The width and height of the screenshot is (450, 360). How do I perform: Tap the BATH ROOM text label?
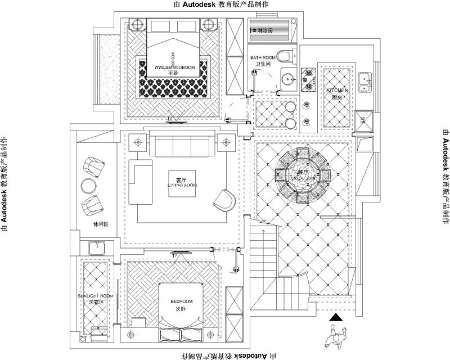tap(262, 57)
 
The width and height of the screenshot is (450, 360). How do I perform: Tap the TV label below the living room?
tap(175, 256)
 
